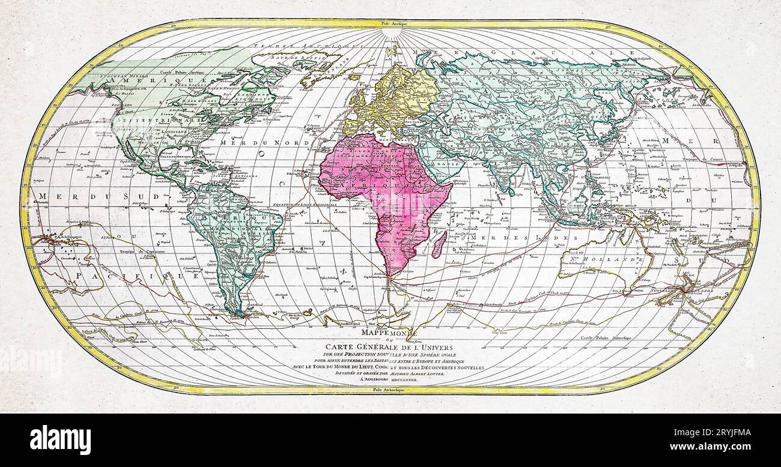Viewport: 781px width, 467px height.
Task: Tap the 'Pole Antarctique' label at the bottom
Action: tap(390, 390)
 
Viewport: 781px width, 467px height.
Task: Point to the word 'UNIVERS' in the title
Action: tap(436, 346)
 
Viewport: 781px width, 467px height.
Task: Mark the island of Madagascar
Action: tap(439, 244)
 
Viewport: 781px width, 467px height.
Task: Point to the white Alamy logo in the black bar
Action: tap(60, 440)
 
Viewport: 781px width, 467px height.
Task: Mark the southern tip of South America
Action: tap(240, 313)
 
